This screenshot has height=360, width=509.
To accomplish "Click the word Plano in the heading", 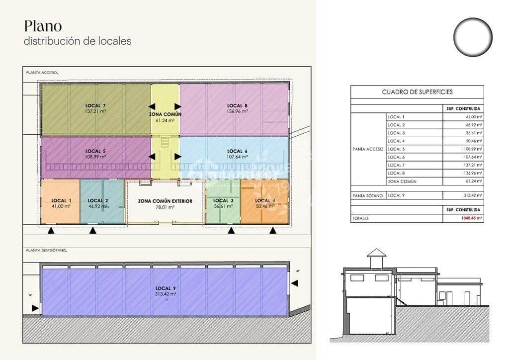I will tap(43, 26).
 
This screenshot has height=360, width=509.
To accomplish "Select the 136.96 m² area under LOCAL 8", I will tap(237, 111).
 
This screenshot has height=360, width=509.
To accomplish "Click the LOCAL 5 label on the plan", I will tap(95, 151).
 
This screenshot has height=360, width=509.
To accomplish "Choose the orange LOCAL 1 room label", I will tap(61, 200).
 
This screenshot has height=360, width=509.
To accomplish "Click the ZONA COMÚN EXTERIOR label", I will tap(165, 201).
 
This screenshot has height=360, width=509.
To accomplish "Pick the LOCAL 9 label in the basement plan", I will tap(166, 288).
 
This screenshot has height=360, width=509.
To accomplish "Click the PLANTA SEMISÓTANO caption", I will tap(46, 250).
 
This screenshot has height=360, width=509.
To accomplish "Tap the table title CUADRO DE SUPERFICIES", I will tap(417, 92).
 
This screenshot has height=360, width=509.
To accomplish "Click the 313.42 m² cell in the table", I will tap(473, 195).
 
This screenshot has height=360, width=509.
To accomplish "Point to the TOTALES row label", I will tap(362, 218).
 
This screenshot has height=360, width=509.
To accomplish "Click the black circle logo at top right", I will tap(472, 36).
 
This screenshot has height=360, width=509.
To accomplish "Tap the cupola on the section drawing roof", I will tap(376, 259).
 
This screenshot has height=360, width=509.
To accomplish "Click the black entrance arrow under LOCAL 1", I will tap(51, 231).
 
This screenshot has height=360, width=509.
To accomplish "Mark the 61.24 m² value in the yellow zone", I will tap(165, 120).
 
